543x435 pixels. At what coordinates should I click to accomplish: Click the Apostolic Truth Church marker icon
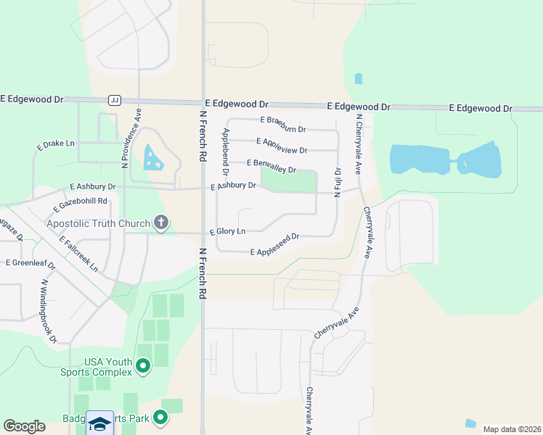tap(160, 224)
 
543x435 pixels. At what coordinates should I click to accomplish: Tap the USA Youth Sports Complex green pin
tap(143, 367)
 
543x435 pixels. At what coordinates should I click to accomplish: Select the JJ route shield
tap(114, 100)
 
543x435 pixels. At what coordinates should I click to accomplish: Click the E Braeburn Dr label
tap(283, 125)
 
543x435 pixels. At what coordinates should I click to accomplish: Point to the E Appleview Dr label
tap(282, 145)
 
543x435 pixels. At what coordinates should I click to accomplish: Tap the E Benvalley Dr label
tap(272, 166)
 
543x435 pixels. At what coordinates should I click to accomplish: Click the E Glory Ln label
tap(228, 231)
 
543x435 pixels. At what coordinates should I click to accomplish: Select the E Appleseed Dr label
tap(275, 245)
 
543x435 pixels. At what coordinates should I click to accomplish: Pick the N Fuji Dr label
tap(338, 181)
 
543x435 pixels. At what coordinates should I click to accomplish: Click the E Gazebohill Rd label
tap(80, 205)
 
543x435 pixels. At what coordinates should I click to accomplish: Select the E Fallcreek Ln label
tap(78, 253)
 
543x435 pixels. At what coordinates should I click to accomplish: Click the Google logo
tap(24, 426)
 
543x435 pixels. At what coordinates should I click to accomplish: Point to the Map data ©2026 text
tap(510, 429)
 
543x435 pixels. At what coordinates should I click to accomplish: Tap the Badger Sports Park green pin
tap(160, 418)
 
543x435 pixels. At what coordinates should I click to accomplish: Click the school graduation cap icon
tap(99, 423)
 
